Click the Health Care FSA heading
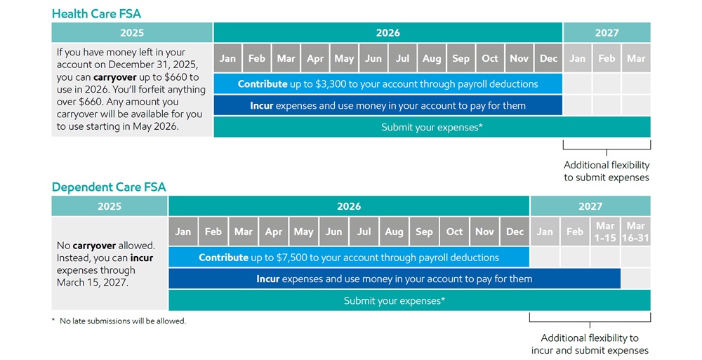coord(96,13)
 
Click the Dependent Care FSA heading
coord(109,187)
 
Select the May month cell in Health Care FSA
coord(344,58)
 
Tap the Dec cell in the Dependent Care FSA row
coord(515,232)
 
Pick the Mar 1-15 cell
coord(605,232)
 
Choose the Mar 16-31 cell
coord(635,232)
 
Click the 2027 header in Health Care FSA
coord(607,33)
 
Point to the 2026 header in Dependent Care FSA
coord(349,206)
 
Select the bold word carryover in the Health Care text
coord(114,77)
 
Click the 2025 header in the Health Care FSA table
coord(132,33)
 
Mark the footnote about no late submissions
coord(119,321)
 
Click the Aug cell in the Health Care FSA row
coord(432,58)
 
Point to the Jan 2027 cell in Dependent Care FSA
coord(545,232)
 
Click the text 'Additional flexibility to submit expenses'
coord(607,171)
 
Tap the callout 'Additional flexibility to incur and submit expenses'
coord(590,344)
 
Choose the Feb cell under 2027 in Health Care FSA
coord(607,58)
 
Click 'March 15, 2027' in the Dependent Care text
coord(92,283)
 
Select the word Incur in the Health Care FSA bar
coord(261,106)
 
